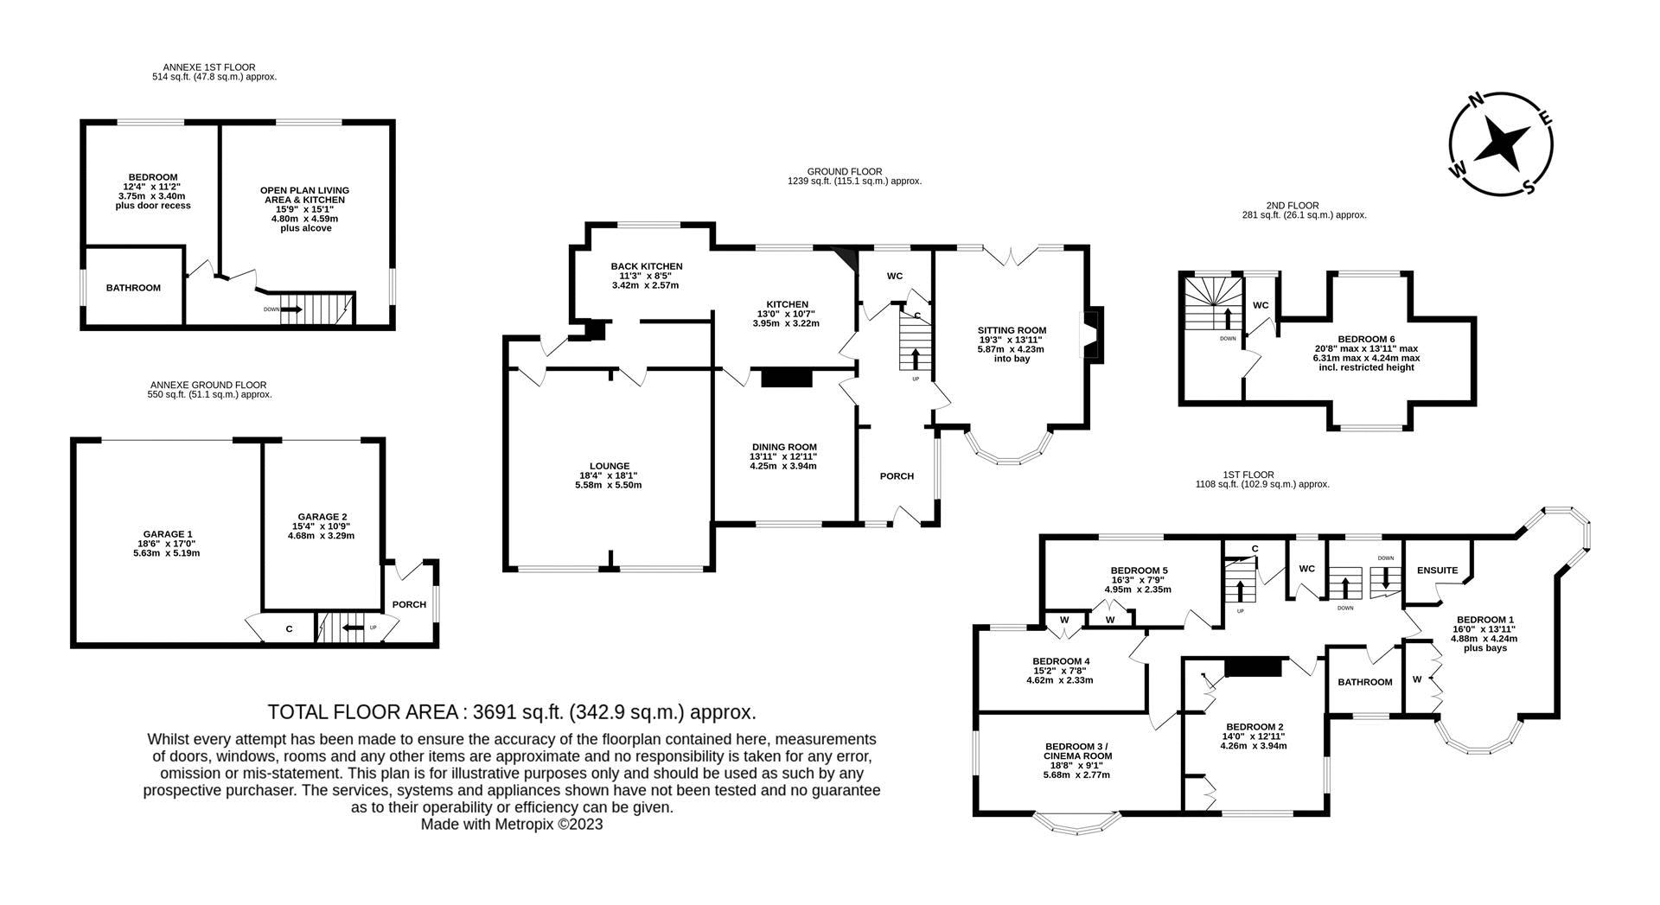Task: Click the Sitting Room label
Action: [x=1012, y=330]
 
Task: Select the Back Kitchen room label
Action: [x=647, y=266]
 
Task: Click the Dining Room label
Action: [x=783, y=447]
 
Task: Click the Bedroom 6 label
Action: [x=1366, y=339]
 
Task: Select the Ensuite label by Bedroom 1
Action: [x=1438, y=570]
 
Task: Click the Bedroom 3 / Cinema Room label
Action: [x=1077, y=751]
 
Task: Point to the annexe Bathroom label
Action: [x=133, y=288]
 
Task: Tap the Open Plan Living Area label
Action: [x=304, y=195]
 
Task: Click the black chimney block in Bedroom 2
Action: [x=1253, y=666]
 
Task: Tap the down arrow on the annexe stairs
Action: [x=291, y=309]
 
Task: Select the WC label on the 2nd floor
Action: [x=1261, y=305]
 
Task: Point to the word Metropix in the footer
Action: [x=524, y=825]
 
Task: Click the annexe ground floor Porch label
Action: [x=409, y=604]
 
